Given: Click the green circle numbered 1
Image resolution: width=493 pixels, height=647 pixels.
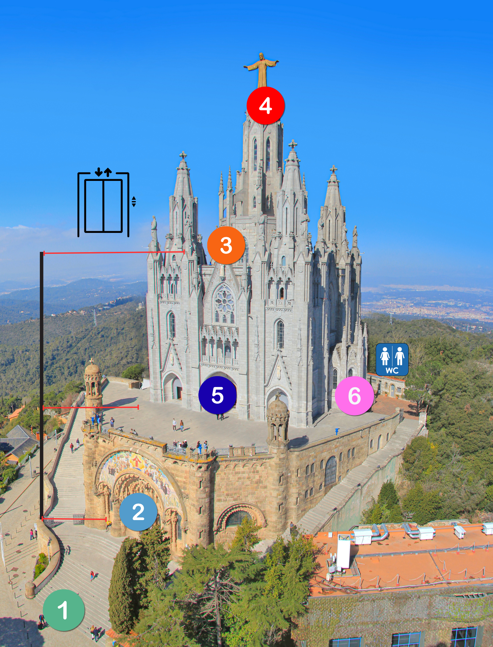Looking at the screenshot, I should (64, 610).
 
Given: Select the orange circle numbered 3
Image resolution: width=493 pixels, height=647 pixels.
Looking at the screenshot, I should (226, 245).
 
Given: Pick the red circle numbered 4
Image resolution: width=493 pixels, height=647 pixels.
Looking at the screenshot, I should (265, 105).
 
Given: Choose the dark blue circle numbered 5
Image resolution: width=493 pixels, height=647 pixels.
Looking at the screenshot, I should (217, 395).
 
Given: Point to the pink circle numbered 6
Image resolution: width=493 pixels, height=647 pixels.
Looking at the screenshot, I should (354, 396).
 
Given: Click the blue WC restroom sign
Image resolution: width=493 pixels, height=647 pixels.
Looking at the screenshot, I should (392, 359).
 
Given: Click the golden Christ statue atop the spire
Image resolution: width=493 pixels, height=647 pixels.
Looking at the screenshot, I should (262, 70).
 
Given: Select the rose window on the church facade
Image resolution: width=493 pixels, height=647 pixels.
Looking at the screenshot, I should (225, 300).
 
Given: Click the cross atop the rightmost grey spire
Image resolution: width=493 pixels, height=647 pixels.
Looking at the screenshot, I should (333, 169).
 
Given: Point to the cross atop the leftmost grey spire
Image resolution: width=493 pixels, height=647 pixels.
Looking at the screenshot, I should (183, 155).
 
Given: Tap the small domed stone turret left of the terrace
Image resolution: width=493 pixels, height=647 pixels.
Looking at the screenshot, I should (93, 383).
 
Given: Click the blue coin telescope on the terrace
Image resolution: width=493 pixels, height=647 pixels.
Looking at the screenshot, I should (337, 430).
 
